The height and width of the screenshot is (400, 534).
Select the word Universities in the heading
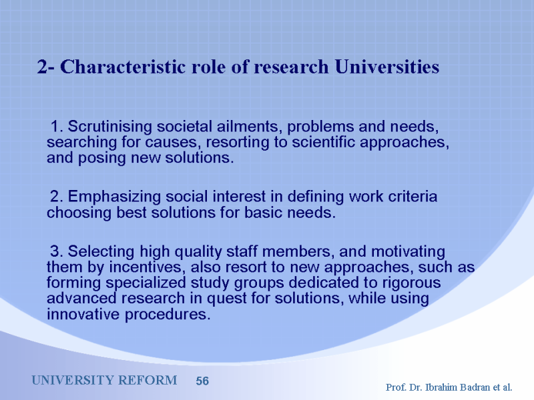tap(387, 67)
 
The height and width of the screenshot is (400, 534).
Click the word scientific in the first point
tap(324, 142)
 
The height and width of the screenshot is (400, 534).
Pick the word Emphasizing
tap(114, 197)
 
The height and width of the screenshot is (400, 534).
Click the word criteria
tap(413, 197)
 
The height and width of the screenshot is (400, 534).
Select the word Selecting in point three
tap(101, 252)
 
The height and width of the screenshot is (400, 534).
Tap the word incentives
tap(148, 267)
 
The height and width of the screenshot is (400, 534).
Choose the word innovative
tap(83, 314)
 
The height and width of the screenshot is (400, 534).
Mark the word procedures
tap(168, 315)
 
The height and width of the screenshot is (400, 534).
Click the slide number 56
tap(202, 381)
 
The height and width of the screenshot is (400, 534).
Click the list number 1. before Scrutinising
tap(57, 127)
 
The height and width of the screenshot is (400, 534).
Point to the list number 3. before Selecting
tap(57, 252)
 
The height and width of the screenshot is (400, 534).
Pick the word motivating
tap(408, 252)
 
